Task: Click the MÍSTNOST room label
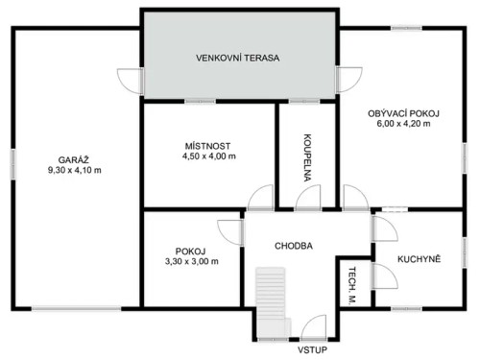[209, 145]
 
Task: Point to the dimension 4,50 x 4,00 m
[209, 156]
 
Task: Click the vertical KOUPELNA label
[306, 156]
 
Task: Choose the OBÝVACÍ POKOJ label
[403, 112]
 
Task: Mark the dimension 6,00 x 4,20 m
[403, 124]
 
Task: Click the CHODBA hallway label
[293, 245]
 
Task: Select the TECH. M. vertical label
[352, 285]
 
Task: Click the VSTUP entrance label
[312, 350]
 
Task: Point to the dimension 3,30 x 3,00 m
[191, 261]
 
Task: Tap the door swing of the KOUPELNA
[308, 198]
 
